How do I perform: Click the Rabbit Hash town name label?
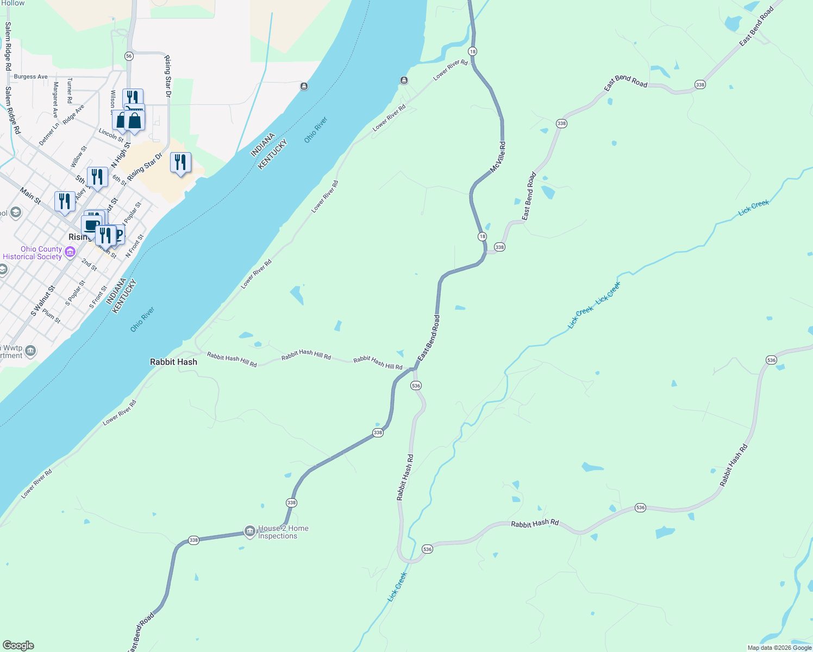click(173, 362)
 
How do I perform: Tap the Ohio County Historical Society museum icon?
click(70, 252)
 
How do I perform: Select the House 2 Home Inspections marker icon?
click(249, 531)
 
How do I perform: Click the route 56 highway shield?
click(129, 56)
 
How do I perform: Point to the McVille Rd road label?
click(498, 158)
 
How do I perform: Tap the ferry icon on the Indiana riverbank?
click(304, 86)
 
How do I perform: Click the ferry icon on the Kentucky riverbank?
click(404, 80)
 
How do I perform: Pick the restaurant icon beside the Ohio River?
click(180, 162)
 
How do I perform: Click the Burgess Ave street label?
click(31, 77)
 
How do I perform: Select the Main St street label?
click(30, 196)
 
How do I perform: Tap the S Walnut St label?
click(43, 301)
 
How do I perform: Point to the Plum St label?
click(52, 316)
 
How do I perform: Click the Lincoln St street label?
click(111, 135)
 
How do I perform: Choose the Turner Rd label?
click(70, 90)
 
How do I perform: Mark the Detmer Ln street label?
click(48, 134)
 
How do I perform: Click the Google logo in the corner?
click(18, 645)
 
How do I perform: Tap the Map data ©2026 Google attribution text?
click(779, 648)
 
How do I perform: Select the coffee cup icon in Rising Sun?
click(91, 224)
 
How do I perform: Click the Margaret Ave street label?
click(55, 100)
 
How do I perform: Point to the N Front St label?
click(135, 246)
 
